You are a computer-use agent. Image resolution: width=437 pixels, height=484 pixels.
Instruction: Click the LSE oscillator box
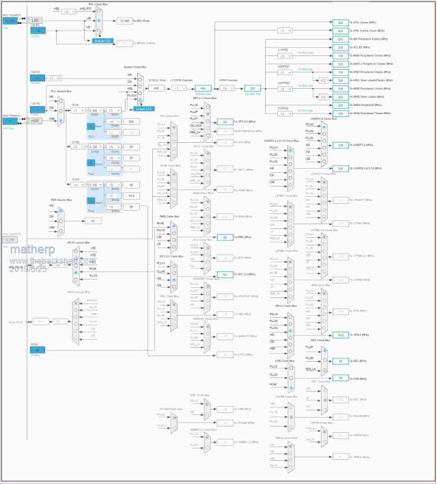36,20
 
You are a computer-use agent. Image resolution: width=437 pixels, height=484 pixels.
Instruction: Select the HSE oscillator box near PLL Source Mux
36,120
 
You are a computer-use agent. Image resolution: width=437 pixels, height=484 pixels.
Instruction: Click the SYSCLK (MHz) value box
156,88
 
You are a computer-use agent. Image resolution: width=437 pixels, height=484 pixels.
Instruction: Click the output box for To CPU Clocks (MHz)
340,23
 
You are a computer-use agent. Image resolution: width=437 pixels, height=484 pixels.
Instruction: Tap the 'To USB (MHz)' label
359,377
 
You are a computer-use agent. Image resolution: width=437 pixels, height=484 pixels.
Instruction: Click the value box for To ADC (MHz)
340,360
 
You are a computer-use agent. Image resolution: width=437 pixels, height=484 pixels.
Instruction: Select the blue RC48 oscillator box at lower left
36,349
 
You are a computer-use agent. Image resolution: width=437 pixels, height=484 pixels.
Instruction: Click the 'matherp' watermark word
27,252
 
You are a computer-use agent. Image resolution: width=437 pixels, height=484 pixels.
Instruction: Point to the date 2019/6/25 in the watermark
28,269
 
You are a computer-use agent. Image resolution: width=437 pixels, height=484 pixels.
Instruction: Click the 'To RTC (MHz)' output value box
124,21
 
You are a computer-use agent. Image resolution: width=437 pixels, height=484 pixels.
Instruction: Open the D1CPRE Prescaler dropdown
179,88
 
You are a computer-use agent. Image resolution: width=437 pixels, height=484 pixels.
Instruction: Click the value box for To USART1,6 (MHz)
340,145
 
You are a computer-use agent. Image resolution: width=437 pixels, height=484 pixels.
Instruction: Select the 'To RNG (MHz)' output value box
225,237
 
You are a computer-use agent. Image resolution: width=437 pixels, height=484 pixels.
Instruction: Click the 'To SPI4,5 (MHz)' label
362,335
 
